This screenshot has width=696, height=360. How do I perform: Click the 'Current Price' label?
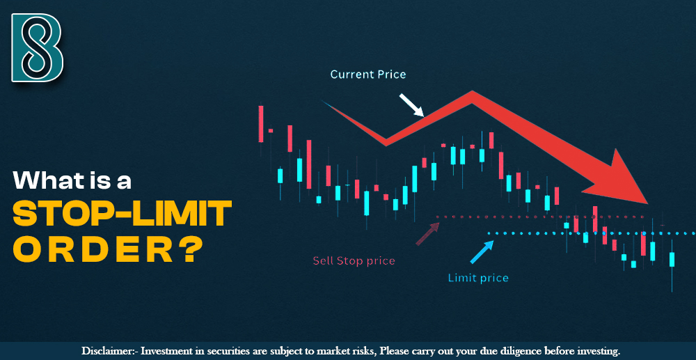[367, 74]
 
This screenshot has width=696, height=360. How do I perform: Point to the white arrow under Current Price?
[411, 105]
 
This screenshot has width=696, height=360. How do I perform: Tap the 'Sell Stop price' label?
[354, 261]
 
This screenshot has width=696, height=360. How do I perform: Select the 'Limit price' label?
[477, 278]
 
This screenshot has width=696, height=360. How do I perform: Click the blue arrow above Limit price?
[482, 252]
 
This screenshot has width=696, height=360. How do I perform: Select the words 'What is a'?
[72, 181]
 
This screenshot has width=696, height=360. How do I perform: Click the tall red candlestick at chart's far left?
[261, 123]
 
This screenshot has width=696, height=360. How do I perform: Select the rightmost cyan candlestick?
[672, 259]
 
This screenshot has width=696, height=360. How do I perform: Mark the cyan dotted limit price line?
[592, 233]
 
